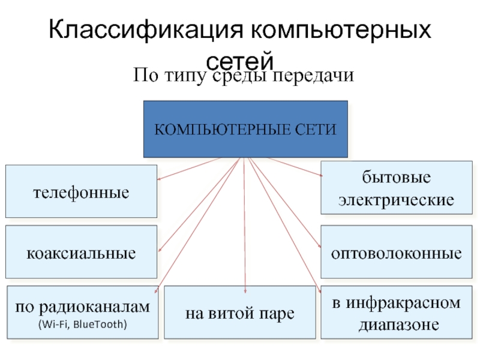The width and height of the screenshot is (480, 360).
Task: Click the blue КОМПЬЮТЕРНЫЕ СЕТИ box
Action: click(245, 129)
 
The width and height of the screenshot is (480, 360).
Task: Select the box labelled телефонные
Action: click(81, 192)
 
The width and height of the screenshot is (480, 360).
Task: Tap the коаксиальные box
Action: click(81, 253)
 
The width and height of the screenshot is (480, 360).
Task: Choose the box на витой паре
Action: click(239, 313)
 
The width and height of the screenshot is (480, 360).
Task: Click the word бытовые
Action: click(396, 179)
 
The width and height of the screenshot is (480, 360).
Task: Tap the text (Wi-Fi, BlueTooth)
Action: click(82, 324)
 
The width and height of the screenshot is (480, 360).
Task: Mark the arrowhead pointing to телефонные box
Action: click(159, 178)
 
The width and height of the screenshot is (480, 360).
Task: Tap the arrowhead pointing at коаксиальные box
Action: click(160, 251)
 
